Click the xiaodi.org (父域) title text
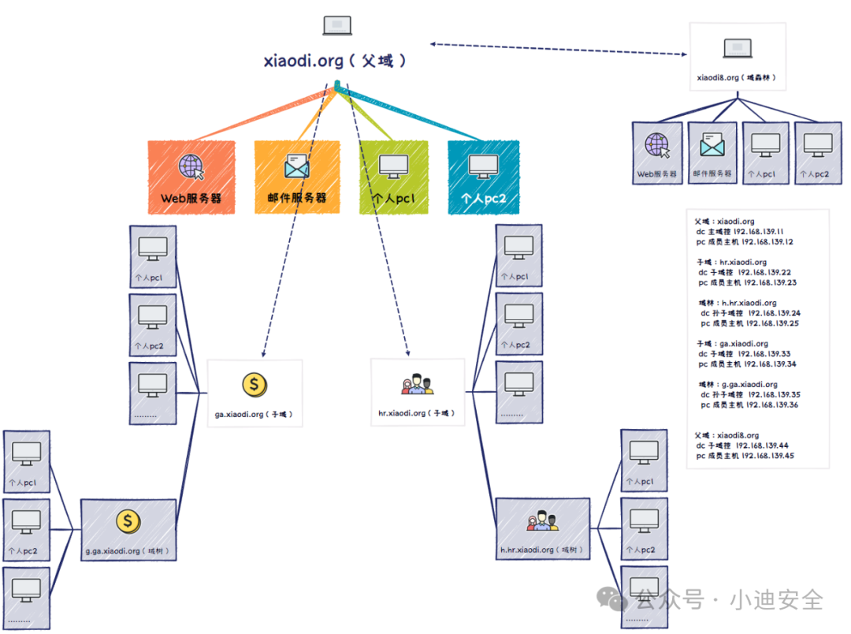[336, 61]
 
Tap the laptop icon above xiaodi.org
[337, 25]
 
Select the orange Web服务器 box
[191, 177]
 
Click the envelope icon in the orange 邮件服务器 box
[297, 166]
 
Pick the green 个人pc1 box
[393, 177]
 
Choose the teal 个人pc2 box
[483, 177]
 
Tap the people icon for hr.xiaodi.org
[418, 385]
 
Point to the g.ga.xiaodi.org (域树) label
[128, 551]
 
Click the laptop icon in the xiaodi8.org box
[738, 49]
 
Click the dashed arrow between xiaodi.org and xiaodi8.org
[559, 49]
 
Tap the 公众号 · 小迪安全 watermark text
[729, 600]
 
